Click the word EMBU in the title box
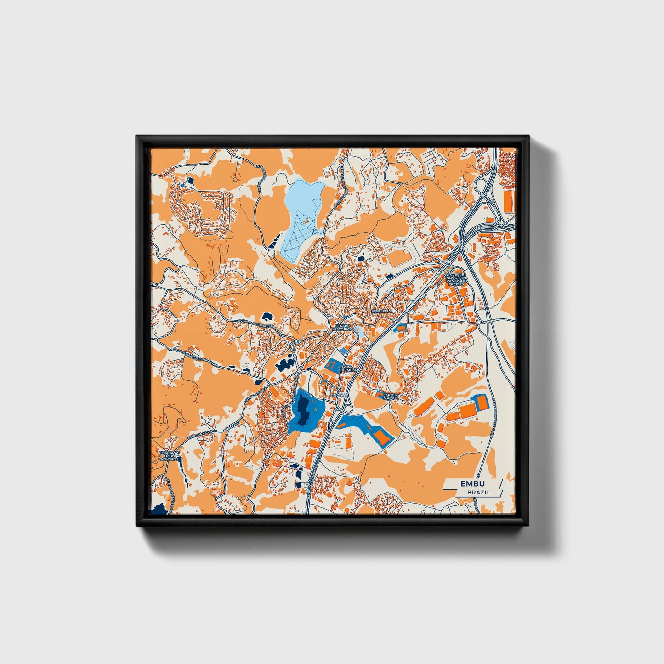point(472,484)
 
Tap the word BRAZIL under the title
point(478,492)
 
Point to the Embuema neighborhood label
point(380,311)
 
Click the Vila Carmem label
point(347,368)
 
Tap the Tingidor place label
point(340,395)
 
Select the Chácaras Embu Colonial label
point(169,455)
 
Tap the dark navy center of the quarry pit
point(303,409)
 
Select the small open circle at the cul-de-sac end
point(235,180)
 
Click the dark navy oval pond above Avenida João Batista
point(266,316)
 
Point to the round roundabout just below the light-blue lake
point(271,252)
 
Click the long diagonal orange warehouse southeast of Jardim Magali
point(425,406)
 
